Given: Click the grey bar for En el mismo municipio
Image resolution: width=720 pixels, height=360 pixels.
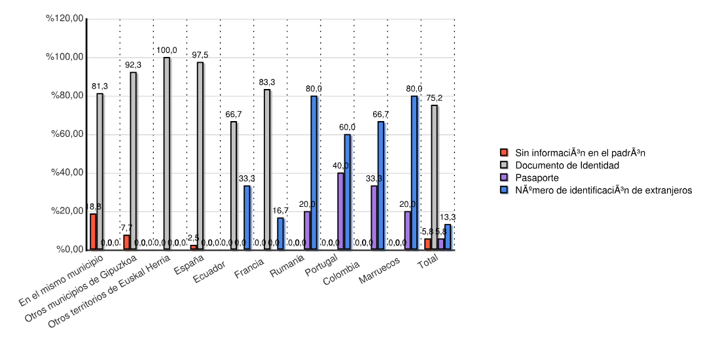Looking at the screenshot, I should [x=99, y=171].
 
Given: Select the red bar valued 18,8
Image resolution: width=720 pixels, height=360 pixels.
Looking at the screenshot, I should [x=93, y=232].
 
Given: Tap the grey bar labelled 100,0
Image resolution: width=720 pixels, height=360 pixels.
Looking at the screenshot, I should [x=166, y=153].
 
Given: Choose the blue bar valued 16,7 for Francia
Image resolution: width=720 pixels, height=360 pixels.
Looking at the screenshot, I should [x=280, y=233].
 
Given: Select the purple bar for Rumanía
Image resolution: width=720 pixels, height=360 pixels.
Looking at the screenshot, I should [x=307, y=230].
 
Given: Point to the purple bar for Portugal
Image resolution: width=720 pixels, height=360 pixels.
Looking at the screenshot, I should [x=340, y=211].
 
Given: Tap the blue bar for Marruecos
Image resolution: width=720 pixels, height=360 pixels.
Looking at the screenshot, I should [x=414, y=172].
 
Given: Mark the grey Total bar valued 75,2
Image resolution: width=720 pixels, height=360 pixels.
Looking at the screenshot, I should [x=434, y=177].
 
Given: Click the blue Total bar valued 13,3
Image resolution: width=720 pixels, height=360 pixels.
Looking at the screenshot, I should [x=448, y=237].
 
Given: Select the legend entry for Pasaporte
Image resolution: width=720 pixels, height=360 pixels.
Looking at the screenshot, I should [x=537, y=177].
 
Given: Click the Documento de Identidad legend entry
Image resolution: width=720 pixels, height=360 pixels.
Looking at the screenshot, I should [x=566, y=165].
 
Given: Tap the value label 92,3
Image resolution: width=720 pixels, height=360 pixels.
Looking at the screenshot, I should [x=133, y=65].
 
